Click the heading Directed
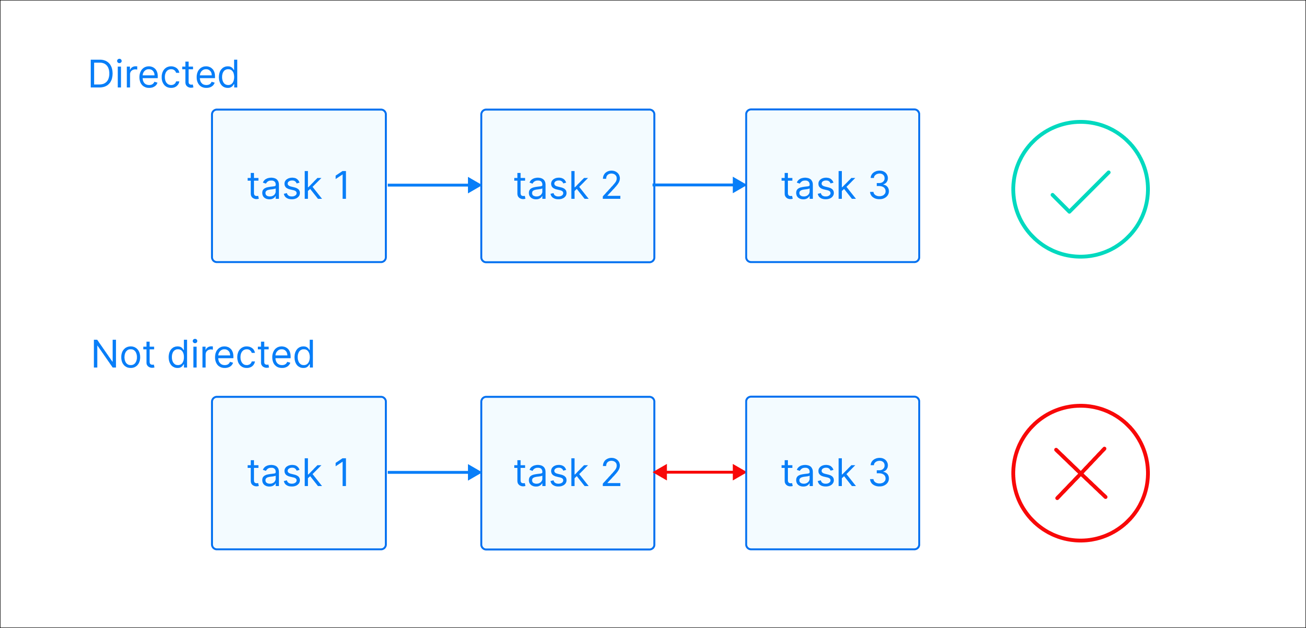[163, 74]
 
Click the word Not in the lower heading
[123, 354]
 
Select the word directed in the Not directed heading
[241, 354]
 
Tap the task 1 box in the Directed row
[298, 185]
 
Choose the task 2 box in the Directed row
[567, 185]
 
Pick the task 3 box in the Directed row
[832, 185]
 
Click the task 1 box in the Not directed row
[298, 473]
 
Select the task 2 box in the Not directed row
[567, 473]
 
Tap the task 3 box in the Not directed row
[832, 473]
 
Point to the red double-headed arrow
[700, 472]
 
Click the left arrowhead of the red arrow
[660, 472]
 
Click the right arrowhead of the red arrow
[739, 472]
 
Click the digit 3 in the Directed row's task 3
[879, 185]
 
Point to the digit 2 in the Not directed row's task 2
[611, 473]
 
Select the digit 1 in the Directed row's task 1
[343, 185]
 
